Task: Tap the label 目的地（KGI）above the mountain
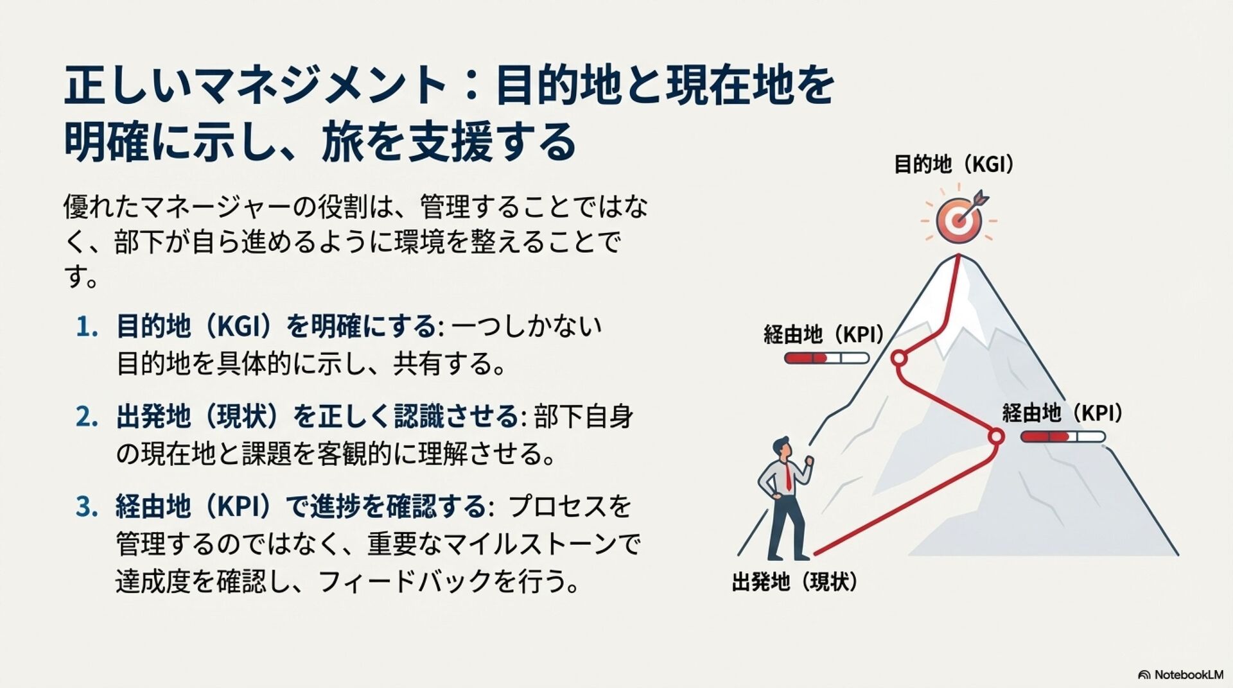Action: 954,165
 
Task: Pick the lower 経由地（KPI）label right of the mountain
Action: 1062,413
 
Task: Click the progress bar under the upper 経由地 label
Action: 826,358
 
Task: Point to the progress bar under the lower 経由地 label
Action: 1063,437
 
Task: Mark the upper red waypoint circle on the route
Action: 899,357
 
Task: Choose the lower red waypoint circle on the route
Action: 996,436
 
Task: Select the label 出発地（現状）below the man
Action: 795,582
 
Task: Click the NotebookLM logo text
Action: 1188,675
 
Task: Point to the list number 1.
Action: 87,327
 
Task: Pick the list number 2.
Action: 87,417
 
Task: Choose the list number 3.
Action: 87,507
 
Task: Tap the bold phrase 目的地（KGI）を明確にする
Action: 276,327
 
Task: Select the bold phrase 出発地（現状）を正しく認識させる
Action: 317,417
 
